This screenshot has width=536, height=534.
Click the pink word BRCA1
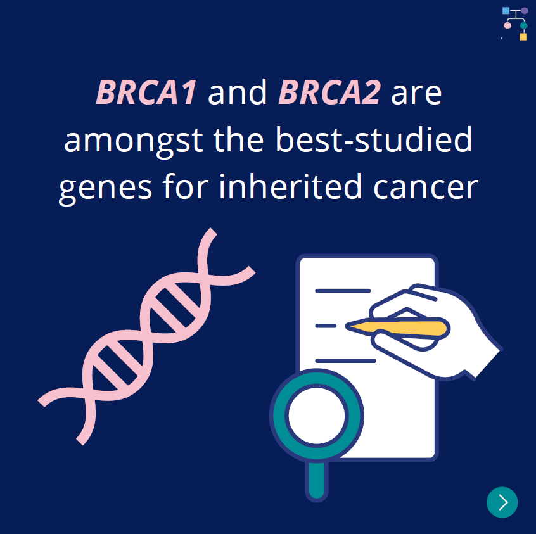(x=146, y=92)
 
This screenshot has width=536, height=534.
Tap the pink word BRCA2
(x=329, y=92)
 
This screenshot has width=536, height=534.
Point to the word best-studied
(x=374, y=139)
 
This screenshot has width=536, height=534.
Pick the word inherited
(x=290, y=186)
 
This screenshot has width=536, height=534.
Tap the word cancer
(x=426, y=188)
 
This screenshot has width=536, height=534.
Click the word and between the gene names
(x=237, y=92)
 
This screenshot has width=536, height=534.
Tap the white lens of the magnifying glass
(x=317, y=416)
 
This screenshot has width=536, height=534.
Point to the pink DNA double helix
(x=146, y=336)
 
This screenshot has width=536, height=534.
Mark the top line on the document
(x=343, y=291)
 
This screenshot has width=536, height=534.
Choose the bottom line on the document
(x=345, y=360)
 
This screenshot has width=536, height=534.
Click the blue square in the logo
(x=506, y=11)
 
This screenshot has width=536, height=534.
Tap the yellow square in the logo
(x=523, y=37)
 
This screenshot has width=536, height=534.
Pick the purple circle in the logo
(x=525, y=11)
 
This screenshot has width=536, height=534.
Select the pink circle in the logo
(x=507, y=25)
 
